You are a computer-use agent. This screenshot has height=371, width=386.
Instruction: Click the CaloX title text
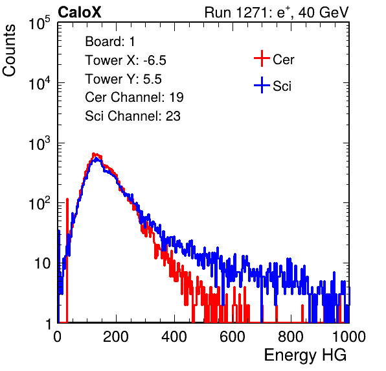80,12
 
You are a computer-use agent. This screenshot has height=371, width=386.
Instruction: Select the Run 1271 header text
277,12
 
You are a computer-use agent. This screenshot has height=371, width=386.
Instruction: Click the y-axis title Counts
9,51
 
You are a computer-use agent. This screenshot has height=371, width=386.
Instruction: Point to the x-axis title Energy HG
305,355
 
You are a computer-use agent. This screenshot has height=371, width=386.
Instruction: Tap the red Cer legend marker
262,58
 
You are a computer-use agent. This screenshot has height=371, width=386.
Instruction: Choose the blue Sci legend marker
262,85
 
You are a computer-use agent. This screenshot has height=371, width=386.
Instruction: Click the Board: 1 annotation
110,41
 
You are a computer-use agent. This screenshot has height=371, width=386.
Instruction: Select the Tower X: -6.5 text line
126,60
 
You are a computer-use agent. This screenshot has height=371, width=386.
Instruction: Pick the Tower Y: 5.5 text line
123,79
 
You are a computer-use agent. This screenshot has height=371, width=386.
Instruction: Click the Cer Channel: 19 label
134,97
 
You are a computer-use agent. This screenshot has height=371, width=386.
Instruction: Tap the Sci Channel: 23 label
133,116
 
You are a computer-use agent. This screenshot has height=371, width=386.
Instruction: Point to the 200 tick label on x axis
116,336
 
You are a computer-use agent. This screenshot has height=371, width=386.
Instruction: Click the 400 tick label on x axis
174,336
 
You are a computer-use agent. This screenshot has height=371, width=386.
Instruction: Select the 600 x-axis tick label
233,336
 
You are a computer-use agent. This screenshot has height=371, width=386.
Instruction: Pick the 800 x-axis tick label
291,336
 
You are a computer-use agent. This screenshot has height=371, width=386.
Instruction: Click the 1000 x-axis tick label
348,336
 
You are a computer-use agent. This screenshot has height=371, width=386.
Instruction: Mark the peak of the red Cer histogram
94,154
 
